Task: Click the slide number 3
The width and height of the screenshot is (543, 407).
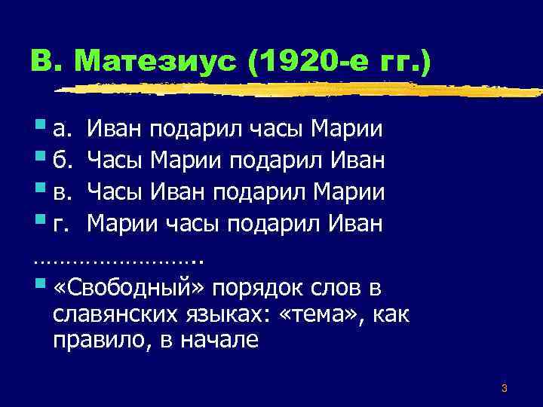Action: pos(504,389)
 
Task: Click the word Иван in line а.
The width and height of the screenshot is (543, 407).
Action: pos(115,131)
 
